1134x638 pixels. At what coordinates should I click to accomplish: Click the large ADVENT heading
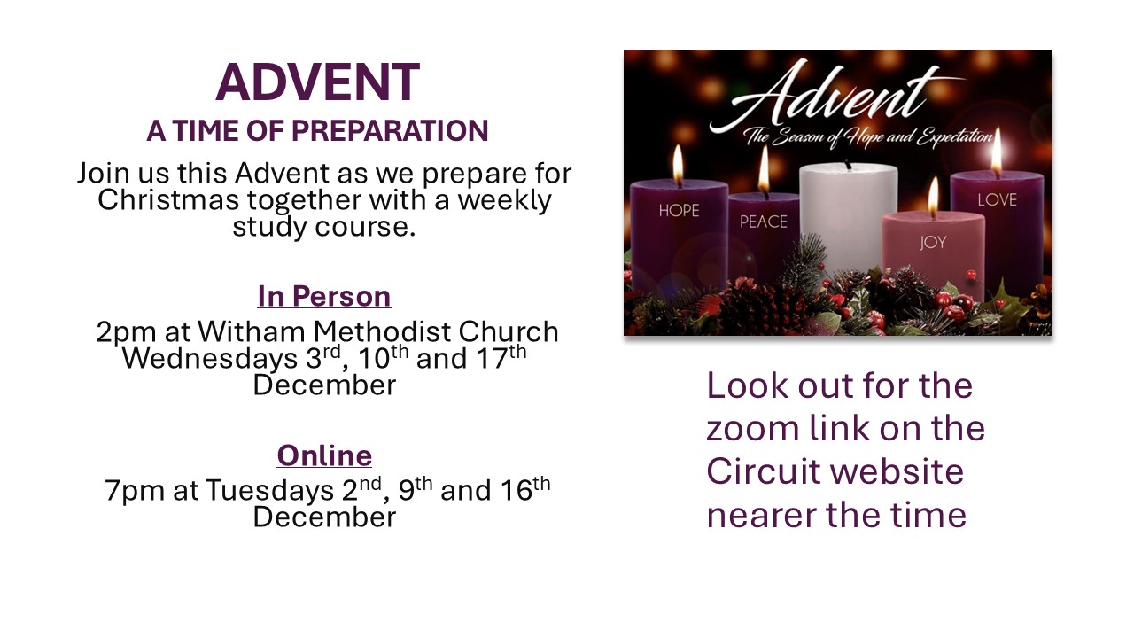point(317,82)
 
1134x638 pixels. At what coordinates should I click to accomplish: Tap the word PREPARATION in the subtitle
point(390,130)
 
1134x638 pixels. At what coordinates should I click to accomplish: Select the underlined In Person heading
point(324,296)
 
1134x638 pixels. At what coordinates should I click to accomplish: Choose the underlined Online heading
point(324,455)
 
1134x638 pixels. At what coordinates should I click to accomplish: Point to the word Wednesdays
point(210,359)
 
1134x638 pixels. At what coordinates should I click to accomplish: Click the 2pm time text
point(126,333)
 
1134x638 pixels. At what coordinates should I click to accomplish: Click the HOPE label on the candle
point(679,211)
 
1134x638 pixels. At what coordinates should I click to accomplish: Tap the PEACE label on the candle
point(764,222)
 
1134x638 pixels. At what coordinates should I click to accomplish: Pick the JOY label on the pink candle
point(933,243)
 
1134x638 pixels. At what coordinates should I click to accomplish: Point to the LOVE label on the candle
point(998,200)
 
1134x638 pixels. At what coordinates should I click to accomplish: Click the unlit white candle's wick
point(848,165)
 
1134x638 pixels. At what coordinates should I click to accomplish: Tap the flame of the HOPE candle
point(678,165)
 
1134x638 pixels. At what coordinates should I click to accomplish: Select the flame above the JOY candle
point(933,197)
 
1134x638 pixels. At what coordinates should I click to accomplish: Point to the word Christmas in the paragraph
point(168,200)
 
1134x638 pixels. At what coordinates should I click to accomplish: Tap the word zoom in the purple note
point(753,429)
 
